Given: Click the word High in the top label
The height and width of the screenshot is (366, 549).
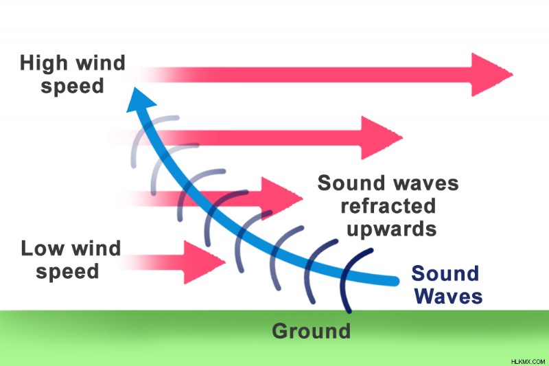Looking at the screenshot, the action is (x=44, y=63).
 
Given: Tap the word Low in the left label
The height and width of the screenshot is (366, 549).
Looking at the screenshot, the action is (x=43, y=249).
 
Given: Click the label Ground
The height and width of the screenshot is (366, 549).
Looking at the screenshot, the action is (x=312, y=331).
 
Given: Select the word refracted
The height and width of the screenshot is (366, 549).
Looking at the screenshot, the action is (x=388, y=206).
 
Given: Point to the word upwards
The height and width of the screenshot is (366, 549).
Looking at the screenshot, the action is (x=391, y=230).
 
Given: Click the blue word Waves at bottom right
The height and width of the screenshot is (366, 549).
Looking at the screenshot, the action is (x=449, y=297).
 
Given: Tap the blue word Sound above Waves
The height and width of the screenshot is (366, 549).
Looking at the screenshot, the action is (x=445, y=273).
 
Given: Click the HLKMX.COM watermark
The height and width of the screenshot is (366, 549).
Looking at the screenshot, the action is (x=528, y=361).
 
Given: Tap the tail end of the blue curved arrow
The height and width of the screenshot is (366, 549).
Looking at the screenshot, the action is (x=395, y=281).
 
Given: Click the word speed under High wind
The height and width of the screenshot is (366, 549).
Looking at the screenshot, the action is (x=73, y=87).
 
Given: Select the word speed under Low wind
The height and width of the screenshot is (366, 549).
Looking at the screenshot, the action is (x=67, y=272).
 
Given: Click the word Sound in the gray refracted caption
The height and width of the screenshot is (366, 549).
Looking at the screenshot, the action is (x=351, y=183).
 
